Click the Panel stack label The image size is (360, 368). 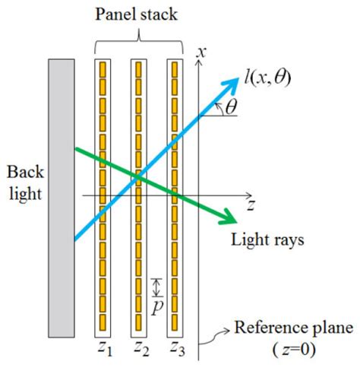(137, 14)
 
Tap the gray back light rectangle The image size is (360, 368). (62, 197)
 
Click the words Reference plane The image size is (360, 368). (292, 328)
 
